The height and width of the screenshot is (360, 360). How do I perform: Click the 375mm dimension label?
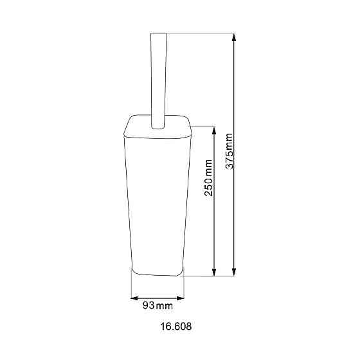(230, 150)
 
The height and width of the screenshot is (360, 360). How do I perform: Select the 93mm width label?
(157, 305)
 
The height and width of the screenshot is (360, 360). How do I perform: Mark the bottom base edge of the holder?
(157, 274)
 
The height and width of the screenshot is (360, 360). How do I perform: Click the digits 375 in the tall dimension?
(230, 159)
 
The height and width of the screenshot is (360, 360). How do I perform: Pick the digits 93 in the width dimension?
(148, 305)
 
